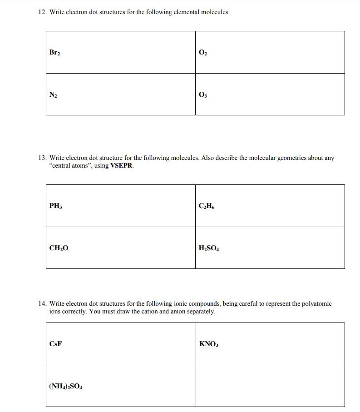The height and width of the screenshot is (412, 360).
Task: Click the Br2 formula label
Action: click(x=54, y=53)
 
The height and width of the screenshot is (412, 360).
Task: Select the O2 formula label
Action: click(x=203, y=53)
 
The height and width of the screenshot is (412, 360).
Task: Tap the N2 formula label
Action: click(x=53, y=95)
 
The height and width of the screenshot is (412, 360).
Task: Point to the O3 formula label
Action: click(x=203, y=95)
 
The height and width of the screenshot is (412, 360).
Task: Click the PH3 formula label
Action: click(x=55, y=206)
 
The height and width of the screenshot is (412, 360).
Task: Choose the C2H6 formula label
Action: click(x=207, y=206)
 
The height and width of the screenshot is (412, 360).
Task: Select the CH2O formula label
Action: click(x=59, y=248)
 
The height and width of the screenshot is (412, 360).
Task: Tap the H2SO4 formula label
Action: click(x=209, y=248)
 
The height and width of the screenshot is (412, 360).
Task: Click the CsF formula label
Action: click(x=55, y=343)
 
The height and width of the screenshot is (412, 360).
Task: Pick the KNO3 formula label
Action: click(x=209, y=344)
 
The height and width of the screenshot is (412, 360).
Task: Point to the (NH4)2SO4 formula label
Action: click(x=65, y=387)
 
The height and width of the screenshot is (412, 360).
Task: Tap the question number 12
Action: click(x=42, y=12)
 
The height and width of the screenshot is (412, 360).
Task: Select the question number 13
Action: click(x=42, y=158)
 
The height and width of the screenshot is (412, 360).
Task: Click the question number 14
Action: click(x=42, y=303)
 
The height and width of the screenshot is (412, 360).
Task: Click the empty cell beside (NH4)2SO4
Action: click(x=270, y=386)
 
